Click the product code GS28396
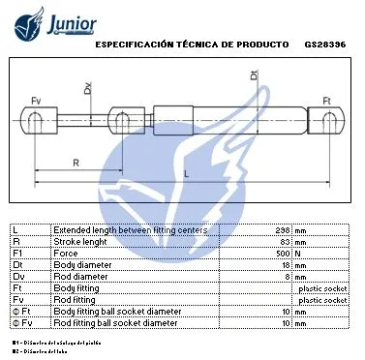click(x=324, y=45)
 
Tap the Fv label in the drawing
click(x=36, y=101)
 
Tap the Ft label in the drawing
click(x=326, y=101)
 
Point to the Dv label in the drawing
click(x=87, y=89)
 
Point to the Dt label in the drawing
click(x=254, y=75)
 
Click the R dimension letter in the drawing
click(x=75, y=162)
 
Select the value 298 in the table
click(x=283, y=230)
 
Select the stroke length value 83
click(x=286, y=242)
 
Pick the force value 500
click(x=283, y=254)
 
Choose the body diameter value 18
click(x=286, y=265)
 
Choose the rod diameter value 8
click(x=288, y=277)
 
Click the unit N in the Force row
click(x=299, y=254)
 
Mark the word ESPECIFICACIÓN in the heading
click(x=134, y=45)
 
